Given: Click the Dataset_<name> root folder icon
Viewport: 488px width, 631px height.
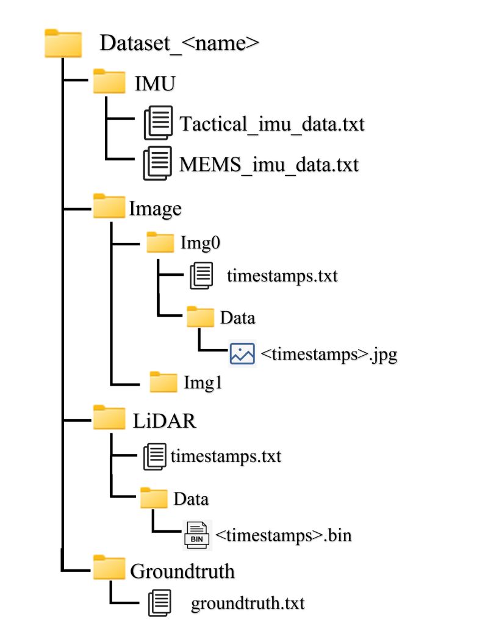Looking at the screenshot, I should pos(63,44).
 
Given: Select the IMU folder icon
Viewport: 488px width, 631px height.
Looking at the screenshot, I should pos(109,82).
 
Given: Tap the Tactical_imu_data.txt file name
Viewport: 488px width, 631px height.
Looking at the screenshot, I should pos(272,124).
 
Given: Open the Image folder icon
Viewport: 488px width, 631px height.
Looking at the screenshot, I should pos(109,207).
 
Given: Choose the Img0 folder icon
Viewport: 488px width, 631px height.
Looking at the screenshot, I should pos(161,243).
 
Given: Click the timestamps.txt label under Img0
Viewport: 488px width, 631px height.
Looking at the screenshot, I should pos(282,276).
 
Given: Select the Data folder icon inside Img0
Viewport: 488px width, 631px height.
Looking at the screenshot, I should pos(201,317).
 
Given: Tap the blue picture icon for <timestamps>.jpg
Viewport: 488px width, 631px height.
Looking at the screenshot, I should pos(242,353).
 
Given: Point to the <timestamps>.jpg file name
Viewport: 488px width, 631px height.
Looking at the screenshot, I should pos(329,354).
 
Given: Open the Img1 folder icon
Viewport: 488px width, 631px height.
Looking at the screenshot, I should pos(163,382).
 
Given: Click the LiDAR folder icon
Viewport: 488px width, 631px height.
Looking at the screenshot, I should pos(109,419).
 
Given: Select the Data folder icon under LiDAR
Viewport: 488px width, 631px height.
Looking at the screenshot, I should pos(154,497).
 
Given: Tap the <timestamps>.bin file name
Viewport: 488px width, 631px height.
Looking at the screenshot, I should pos(284,535).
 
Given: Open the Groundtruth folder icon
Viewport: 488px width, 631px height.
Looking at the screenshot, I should pos(109,569).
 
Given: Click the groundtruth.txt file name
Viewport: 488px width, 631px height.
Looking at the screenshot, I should pos(247,604).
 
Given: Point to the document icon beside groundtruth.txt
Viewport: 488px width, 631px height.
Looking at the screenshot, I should pos(160,604).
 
